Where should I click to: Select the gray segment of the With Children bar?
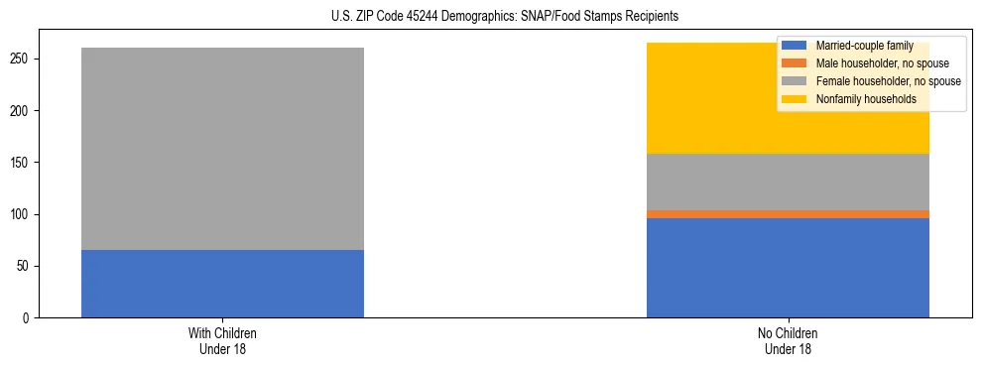(222, 149)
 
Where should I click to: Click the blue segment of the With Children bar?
(222, 284)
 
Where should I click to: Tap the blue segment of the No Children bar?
(788, 268)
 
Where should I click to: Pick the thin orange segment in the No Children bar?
(788, 214)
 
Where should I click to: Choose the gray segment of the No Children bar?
(788, 183)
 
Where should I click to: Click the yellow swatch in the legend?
(795, 99)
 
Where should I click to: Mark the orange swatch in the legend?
(795, 63)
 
